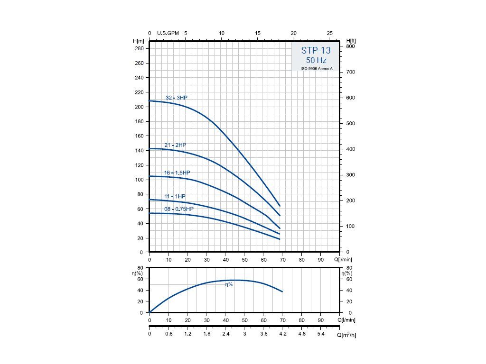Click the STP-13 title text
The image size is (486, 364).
point(316,50)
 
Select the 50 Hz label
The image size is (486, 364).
point(316,61)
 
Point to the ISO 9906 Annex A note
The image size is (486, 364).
point(316,69)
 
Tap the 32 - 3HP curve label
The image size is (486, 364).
point(177,98)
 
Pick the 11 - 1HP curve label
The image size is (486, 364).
point(175,196)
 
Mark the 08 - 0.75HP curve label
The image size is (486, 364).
point(179,209)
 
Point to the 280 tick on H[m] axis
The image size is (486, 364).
point(140,49)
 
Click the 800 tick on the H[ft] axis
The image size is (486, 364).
point(350,46)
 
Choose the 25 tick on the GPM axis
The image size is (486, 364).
point(330,33)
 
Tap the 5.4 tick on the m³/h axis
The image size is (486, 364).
point(321,334)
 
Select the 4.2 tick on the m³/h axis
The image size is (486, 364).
point(283,334)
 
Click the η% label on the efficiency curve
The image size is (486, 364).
point(229,284)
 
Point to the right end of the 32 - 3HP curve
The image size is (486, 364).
point(280,206)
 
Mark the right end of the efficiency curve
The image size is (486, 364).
point(282,291)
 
